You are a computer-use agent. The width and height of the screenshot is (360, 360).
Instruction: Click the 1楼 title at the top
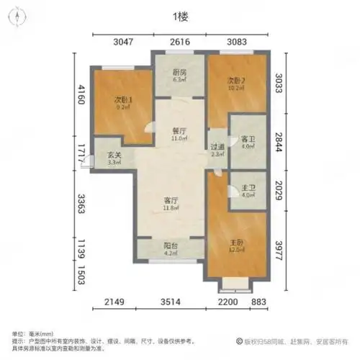coord(180,16)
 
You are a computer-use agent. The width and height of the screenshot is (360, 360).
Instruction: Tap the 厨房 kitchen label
coord(179,73)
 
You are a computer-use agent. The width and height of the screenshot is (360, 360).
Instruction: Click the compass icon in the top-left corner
coord(15,19)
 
